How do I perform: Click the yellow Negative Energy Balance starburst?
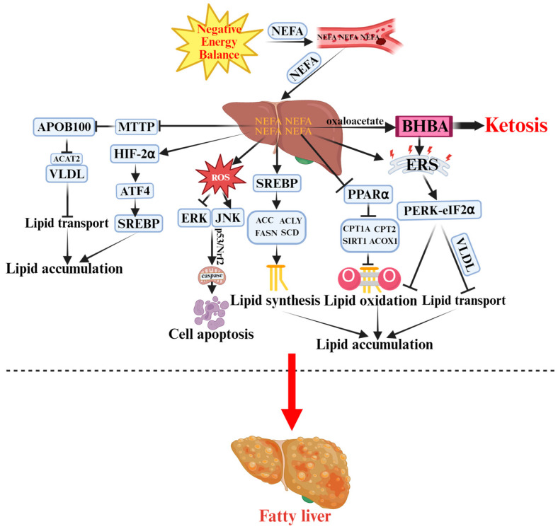217,42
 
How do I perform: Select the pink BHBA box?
424,126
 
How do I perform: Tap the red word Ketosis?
516,125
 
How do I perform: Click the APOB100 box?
64,127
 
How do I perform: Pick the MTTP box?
137,126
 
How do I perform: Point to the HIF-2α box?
135,153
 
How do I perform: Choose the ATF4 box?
135,191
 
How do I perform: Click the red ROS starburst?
221,177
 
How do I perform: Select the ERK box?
194,218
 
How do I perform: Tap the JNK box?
228,217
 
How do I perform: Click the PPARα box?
368,194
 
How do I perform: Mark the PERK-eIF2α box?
439,210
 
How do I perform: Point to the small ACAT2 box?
67,158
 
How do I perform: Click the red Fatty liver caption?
295,516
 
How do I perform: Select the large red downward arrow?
292,392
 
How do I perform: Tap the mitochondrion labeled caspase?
212,276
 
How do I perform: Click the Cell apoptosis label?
211,334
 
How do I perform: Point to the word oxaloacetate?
355,121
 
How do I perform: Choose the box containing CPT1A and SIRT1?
370,235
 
